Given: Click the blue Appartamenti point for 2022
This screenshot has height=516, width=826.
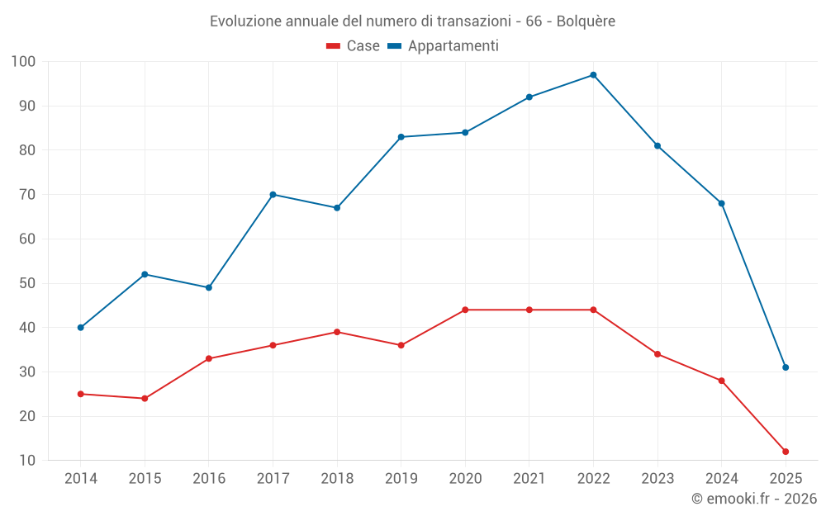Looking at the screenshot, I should click(x=593, y=75).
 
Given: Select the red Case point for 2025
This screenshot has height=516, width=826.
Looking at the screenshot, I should click(x=786, y=452).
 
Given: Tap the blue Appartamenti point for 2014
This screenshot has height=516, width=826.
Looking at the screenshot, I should click(x=80, y=328).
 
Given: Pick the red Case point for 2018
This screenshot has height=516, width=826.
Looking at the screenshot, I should click(x=337, y=332).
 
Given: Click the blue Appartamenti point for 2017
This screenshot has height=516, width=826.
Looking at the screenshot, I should click(x=273, y=195).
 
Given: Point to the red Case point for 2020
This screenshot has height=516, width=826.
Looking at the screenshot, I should click(x=465, y=310).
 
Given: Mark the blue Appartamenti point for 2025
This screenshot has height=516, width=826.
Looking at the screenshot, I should click(x=786, y=367).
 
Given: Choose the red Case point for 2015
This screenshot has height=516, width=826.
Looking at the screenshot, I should click(x=145, y=399).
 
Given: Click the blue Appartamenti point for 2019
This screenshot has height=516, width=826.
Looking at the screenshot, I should click(x=401, y=137).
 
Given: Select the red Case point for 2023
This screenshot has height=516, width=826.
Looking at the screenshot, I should click(x=657, y=354).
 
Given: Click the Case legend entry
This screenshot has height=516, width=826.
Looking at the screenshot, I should click(x=354, y=46).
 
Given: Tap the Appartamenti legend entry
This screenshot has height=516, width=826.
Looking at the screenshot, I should click(x=444, y=46).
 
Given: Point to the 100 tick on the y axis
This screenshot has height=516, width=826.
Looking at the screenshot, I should click(x=23, y=62).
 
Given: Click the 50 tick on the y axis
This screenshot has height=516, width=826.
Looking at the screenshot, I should click(x=26, y=283).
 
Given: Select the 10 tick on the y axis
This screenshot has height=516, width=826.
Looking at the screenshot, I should click(x=26, y=461).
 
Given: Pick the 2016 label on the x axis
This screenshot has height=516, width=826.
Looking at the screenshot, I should click(x=208, y=479).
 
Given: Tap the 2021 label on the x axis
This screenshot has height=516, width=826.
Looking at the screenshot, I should click(x=529, y=479).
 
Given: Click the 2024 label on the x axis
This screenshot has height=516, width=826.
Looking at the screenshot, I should click(x=721, y=479).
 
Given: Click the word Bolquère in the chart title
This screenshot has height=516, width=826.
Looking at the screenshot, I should click(x=586, y=21).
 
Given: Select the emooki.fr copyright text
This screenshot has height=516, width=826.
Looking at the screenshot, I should click(x=754, y=499).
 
